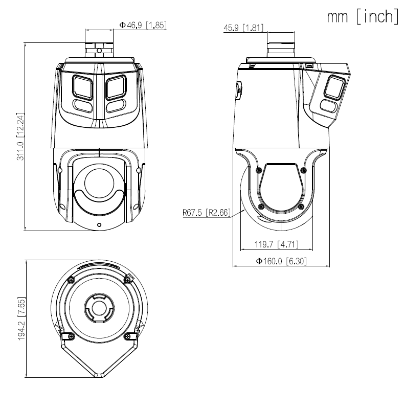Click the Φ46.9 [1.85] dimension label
143,25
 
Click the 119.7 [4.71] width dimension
276,244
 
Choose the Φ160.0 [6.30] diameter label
281,261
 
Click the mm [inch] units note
363,16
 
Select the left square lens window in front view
83,86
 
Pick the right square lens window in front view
116,86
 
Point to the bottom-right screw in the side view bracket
301,207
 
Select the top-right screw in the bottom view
127,279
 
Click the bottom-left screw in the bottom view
71,336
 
